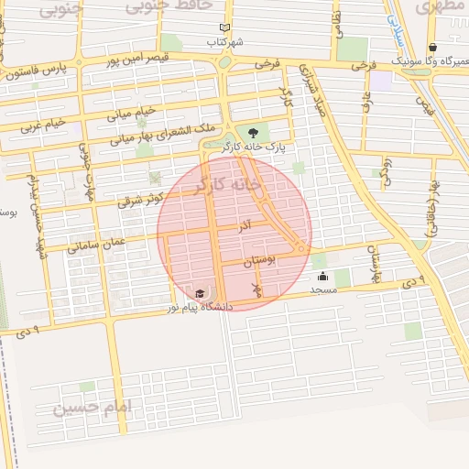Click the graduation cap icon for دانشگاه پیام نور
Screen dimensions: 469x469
pos(199,293)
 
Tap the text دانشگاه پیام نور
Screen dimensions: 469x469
pos(199,307)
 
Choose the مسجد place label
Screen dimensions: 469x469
pos(323,289)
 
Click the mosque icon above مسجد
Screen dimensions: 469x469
pos(322,276)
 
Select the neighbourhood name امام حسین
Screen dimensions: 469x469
pos(93,405)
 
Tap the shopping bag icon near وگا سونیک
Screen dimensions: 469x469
pos(432,48)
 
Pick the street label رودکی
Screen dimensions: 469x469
pos(386,170)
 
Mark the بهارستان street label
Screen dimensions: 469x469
pos(371,264)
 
